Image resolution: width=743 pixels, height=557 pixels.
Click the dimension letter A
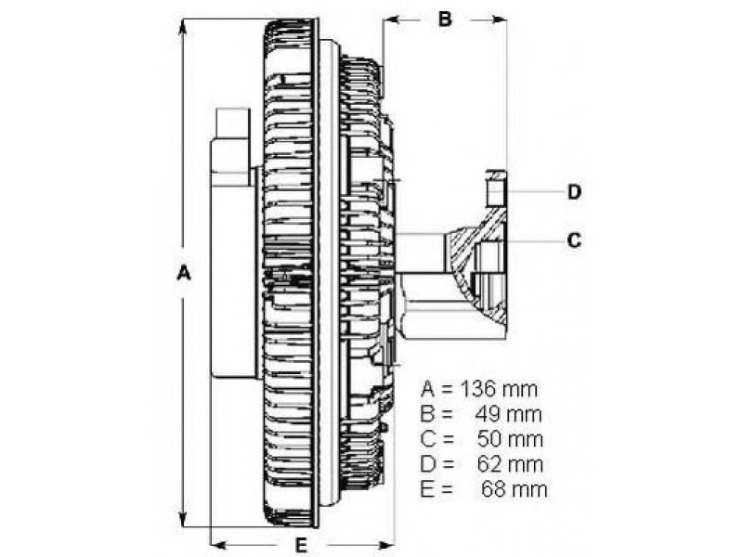(184, 274)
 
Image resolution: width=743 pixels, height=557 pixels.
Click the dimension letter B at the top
(445, 19)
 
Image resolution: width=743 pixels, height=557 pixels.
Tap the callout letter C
(575, 240)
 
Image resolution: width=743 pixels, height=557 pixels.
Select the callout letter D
(575, 192)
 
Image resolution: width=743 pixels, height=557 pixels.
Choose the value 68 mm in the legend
(514, 488)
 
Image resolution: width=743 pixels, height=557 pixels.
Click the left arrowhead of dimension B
(389, 19)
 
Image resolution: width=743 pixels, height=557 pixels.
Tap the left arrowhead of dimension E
(219, 543)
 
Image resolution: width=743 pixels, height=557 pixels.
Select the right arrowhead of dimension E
(388, 543)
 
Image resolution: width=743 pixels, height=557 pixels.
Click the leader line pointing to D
(534, 192)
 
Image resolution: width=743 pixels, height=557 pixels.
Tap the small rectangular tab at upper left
(232, 124)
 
